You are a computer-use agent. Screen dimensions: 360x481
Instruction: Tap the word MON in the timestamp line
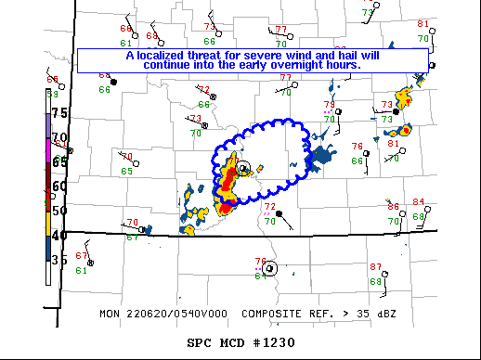point(110,314)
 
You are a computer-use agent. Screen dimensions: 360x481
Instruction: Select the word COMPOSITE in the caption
point(272,314)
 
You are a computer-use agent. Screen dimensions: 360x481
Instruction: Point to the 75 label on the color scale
point(59,112)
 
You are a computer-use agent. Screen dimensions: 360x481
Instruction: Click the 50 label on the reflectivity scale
point(59,211)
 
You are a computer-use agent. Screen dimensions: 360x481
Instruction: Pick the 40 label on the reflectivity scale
point(59,236)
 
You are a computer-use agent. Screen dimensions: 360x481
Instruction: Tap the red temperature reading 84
point(419,202)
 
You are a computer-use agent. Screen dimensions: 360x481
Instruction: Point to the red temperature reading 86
point(393,206)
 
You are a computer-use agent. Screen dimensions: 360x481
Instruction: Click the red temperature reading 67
point(81,256)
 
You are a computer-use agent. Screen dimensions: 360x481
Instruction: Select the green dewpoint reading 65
point(126,171)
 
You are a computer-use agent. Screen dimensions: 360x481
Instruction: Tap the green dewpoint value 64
point(260,275)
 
